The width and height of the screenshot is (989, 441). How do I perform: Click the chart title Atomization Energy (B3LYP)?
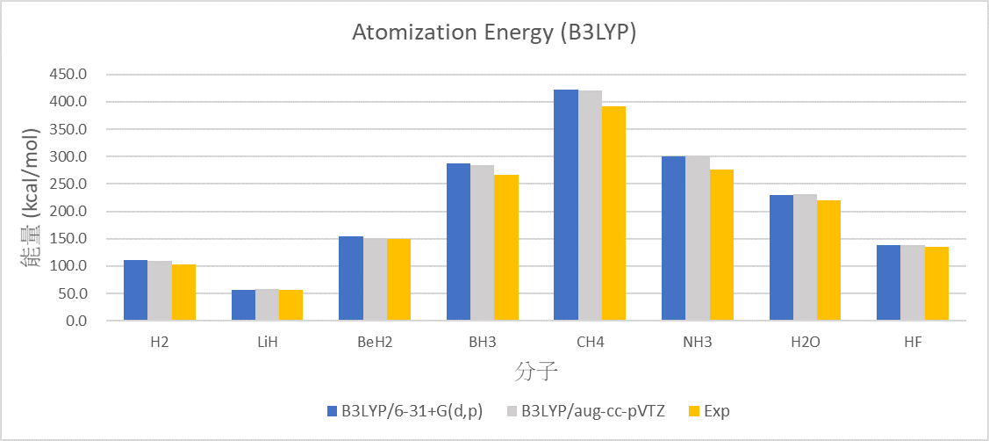click(x=494, y=33)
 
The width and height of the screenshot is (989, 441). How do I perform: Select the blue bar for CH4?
click(x=566, y=206)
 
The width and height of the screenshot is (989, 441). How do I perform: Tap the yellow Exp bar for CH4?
click(x=613, y=213)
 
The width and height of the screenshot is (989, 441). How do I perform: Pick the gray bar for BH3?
click(x=482, y=243)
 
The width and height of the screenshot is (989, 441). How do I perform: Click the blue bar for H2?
click(x=136, y=291)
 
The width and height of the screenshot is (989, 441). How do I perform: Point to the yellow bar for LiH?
click(x=290, y=305)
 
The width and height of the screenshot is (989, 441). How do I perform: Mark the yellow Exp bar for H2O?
click(x=828, y=260)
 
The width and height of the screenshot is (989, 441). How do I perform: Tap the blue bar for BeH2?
click(x=351, y=278)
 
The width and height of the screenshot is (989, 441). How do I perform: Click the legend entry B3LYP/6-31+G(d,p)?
click(x=405, y=411)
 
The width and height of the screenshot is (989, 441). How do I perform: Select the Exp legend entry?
click(x=707, y=411)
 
